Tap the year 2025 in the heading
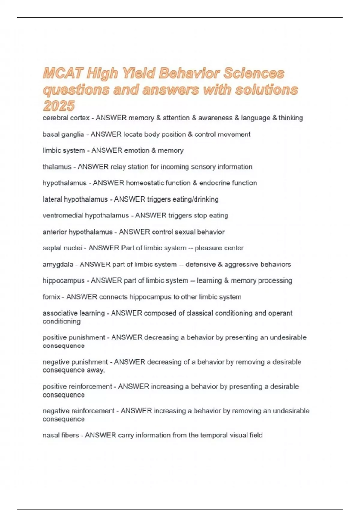pyautogui.click(x=59, y=106)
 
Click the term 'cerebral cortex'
pyautogui.click(x=66, y=118)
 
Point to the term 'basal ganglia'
pyautogui.click(x=63, y=134)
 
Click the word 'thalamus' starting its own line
pyautogui.click(x=57, y=167)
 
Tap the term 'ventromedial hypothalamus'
pyautogui.click(x=85, y=216)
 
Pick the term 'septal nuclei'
pyautogui.click(x=62, y=248)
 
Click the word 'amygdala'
pyautogui.click(x=58, y=265)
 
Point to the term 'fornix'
pyautogui.click(x=51, y=297)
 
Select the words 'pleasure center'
pyautogui.click(x=219, y=248)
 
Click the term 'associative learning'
pyautogui.click(x=73, y=313)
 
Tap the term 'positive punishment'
pyautogui.click(x=74, y=337)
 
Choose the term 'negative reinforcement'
pyautogui.click(x=78, y=411)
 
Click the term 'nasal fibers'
pyautogui.click(x=61, y=435)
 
